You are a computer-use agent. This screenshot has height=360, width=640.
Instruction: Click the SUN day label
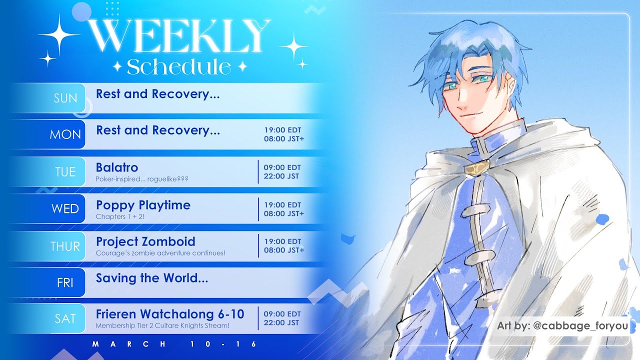click(65, 98)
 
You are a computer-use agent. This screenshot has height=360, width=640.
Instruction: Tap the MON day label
click(65, 134)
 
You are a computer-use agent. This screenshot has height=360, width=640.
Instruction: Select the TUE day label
click(65, 172)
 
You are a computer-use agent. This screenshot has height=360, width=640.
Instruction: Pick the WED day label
click(65, 209)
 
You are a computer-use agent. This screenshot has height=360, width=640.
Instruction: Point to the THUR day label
click(65, 246)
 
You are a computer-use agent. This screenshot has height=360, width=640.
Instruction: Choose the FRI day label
click(65, 283)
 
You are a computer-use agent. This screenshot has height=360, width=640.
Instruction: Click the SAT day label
click(65, 318)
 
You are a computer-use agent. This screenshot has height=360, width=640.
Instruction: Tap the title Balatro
click(117, 167)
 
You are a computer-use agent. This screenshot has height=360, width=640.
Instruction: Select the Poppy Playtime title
click(143, 205)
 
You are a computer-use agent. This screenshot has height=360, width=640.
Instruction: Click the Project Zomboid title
click(145, 241)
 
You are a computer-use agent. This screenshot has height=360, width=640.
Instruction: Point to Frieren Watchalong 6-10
click(170, 314)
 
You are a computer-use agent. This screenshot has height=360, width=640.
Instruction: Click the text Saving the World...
click(152, 278)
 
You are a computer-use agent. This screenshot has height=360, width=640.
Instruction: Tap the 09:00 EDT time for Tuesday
click(282, 167)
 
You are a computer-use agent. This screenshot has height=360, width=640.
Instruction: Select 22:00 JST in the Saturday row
click(281, 322)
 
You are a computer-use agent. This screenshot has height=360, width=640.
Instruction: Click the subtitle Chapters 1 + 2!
click(119, 216)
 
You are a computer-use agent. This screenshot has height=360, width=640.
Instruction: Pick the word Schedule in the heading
click(179, 67)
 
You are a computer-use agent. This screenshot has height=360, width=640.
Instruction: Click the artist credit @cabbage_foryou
click(580, 325)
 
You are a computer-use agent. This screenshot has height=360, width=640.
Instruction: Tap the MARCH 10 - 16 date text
click(174, 344)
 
